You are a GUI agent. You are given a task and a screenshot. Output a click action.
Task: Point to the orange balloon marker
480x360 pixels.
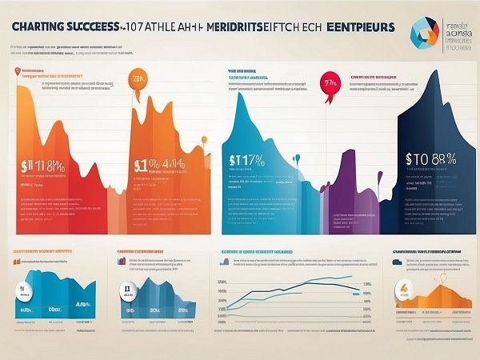tap(138, 82)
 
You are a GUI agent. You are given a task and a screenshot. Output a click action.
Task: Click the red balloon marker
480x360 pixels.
tap(328, 82)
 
